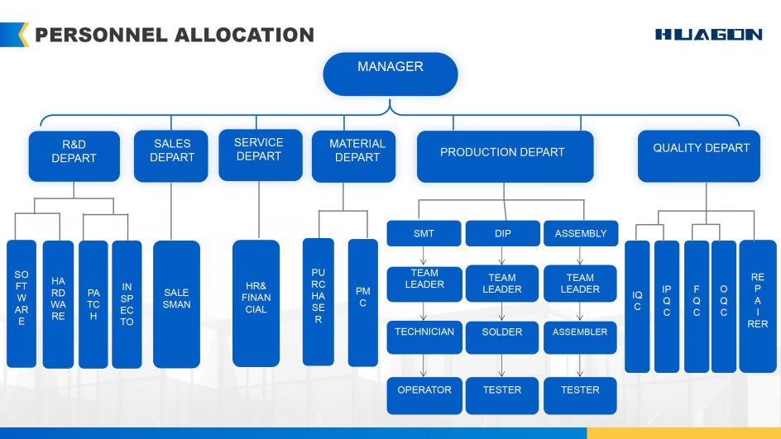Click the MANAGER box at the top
[x=390, y=74]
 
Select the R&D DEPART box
[x=74, y=155]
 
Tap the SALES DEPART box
[x=171, y=155]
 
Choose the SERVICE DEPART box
[x=260, y=155]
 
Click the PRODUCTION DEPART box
[x=505, y=156]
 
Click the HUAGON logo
[x=708, y=35]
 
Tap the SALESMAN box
[x=176, y=303]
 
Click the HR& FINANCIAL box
[x=256, y=303]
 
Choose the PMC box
[x=362, y=302]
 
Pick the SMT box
[x=424, y=234]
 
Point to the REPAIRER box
[x=757, y=306]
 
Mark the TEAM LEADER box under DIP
[x=501, y=283]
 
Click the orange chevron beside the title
[x=22, y=35]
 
